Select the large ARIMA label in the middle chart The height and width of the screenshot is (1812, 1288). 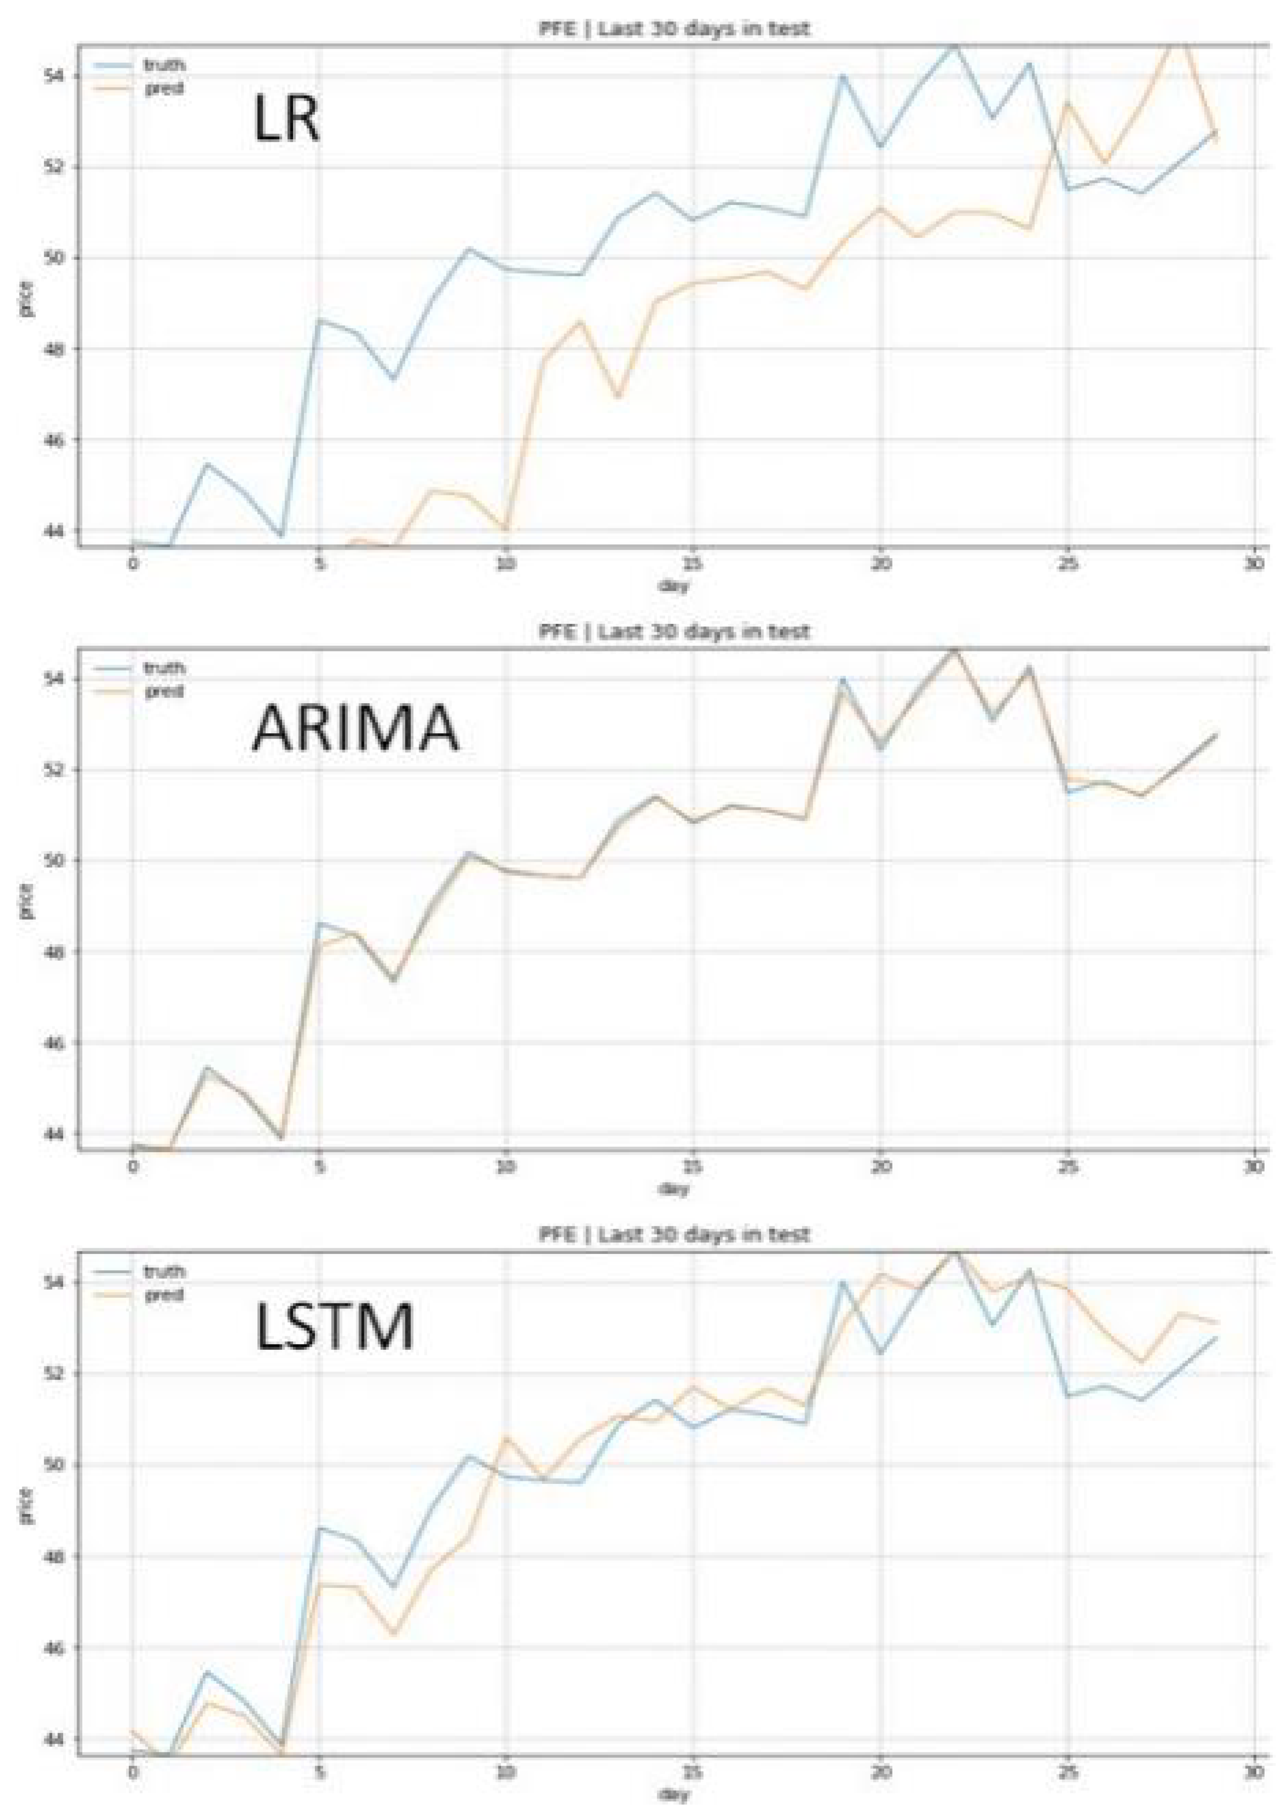(x=354, y=728)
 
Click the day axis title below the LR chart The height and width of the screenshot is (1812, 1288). (x=674, y=585)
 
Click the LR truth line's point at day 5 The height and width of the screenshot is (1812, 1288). (x=319, y=320)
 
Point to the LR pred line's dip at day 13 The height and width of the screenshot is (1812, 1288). (x=618, y=395)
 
